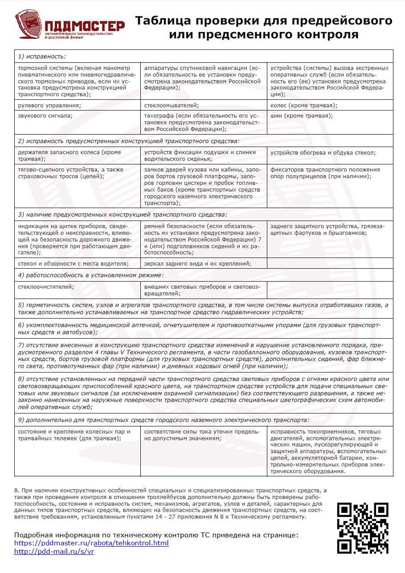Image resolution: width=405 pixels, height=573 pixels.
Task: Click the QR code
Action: point(362,528)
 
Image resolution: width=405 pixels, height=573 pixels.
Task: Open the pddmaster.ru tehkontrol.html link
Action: point(91,543)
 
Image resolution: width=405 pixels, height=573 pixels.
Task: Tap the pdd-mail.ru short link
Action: point(54,552)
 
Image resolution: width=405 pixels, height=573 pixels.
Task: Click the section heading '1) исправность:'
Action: point(42,56)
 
